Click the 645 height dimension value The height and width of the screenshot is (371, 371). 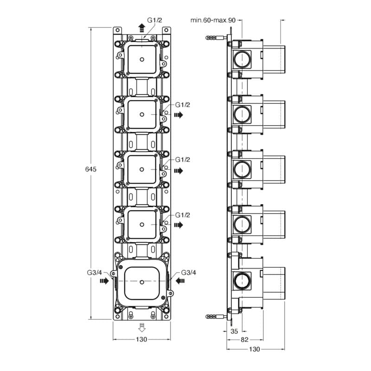(x=90, y=170)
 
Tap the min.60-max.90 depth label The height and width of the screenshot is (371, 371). (x=213, y=20)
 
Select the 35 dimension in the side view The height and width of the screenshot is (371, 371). (x=234, y=331)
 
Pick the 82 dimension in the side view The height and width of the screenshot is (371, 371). (x=243, y=340)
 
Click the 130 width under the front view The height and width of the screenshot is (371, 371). (x=141, y=340)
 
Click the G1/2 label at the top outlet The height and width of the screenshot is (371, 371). (x=154, y=20)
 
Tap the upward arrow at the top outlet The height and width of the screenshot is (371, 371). (x=142, y=27)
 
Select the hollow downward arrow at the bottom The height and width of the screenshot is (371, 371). (x=142, y=328)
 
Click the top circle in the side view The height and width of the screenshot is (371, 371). (x=241, y=58)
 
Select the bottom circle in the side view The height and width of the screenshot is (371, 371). (x=241, y=280)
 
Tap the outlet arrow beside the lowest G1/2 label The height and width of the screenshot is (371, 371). (x=178, y=225)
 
